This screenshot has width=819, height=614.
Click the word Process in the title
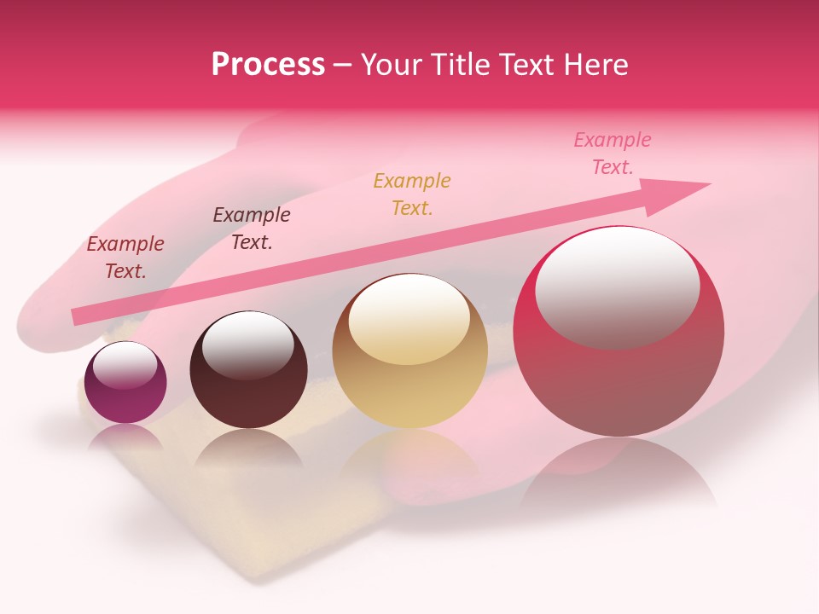pos(268,65)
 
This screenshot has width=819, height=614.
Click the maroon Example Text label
pos(125,258)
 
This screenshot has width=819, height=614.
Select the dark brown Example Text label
pos(252,229)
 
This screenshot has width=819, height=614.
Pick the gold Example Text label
pos(412,194)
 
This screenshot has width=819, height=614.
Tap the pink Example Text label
pos(613,153)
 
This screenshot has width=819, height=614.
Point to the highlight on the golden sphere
pos(409,317)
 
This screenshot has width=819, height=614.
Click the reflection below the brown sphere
pos(247,449)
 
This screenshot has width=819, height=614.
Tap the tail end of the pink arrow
pos(79,316)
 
